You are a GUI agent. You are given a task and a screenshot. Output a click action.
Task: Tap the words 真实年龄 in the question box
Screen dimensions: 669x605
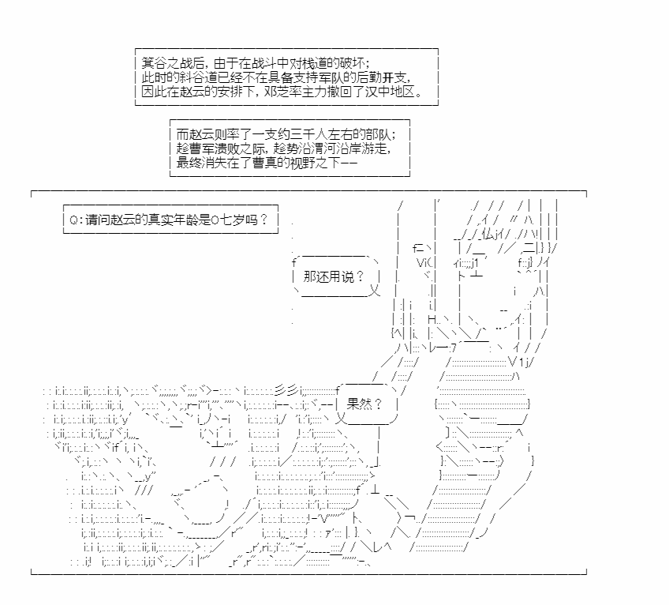pos(166,220)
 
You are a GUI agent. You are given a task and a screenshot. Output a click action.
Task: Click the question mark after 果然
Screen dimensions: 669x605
pos(378,404)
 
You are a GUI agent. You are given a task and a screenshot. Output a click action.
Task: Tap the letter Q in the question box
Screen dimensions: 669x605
pos(74,220)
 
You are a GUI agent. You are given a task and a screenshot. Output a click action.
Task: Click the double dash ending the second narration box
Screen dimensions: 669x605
pos(349,163)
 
